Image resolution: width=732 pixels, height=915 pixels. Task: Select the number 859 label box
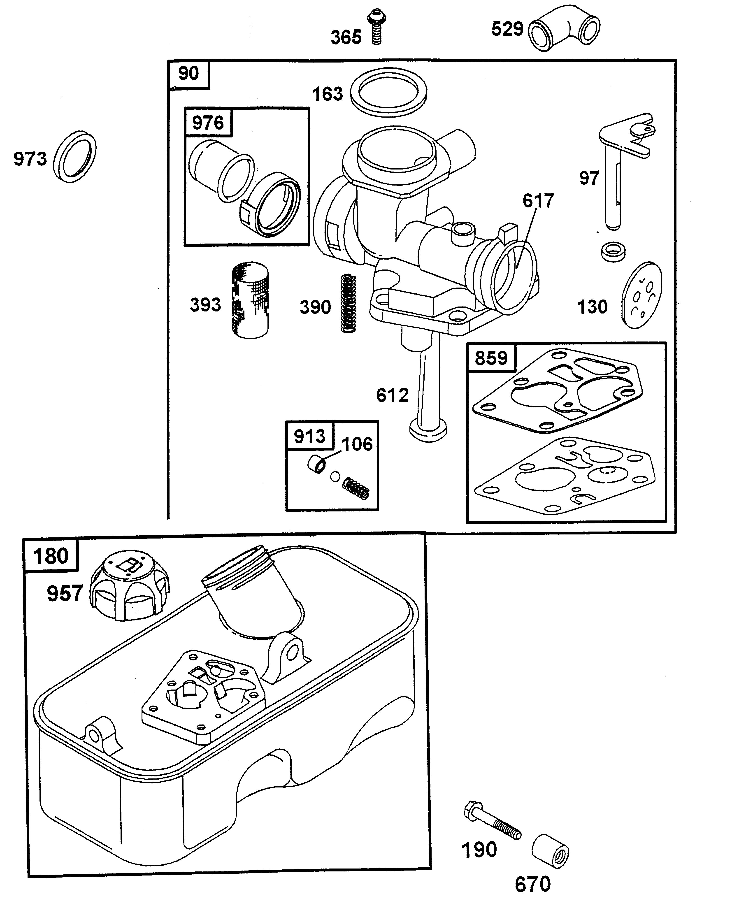pyautogui.click(x=491, y=358)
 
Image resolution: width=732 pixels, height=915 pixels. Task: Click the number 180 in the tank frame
pyautogui.click(x=51, y=556)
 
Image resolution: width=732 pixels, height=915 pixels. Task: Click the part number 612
pyautogui.click(x=392, y=395)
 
